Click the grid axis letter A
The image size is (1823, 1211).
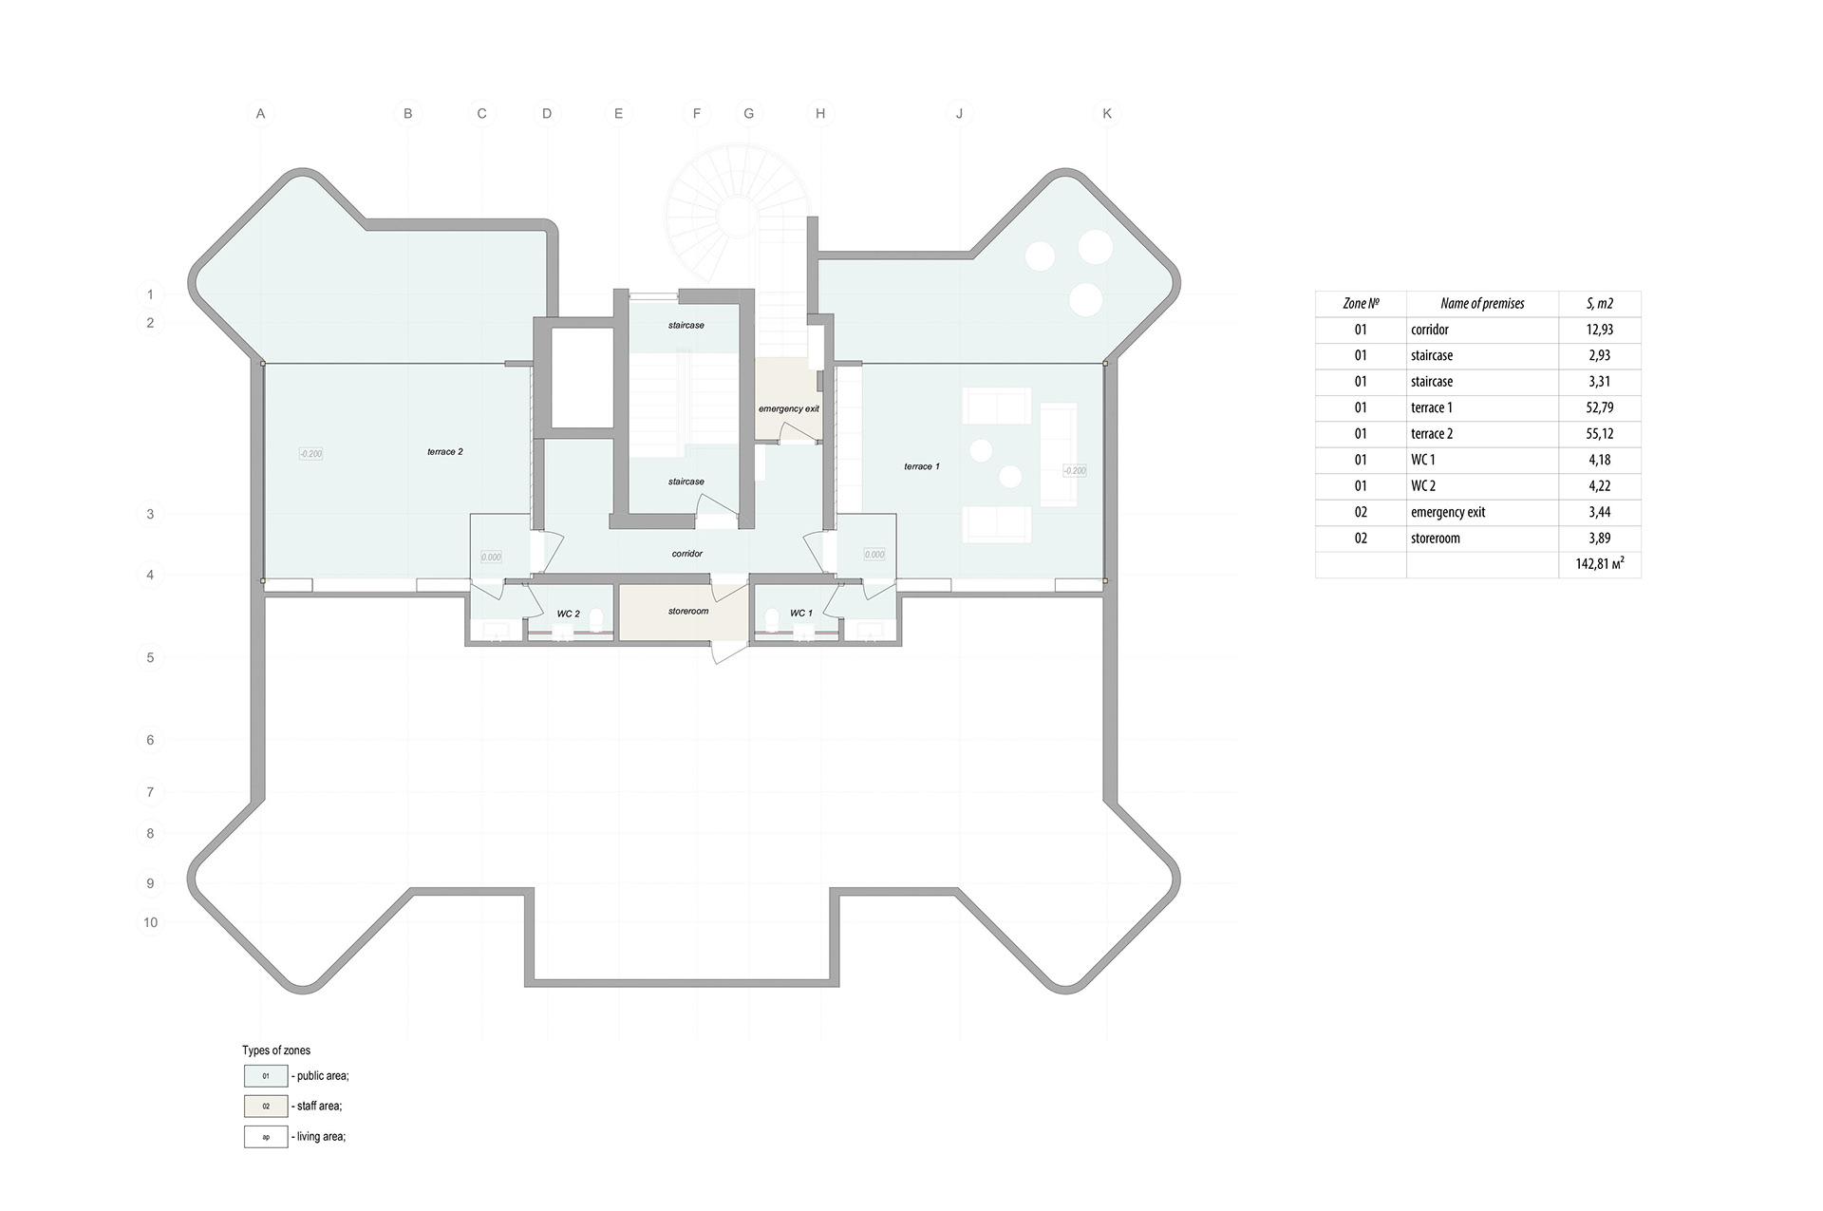coord(260,114)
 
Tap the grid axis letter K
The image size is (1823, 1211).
coord(1107,114)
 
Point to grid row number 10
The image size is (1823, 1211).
coord(150,922)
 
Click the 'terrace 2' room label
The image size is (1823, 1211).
coord(445,452)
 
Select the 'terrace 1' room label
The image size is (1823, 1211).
coord(922,466)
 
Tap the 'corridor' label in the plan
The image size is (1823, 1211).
coord(687,554)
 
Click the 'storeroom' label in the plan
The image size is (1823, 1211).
coord(688,612)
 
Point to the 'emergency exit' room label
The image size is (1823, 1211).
coord(789,409)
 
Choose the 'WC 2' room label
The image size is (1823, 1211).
coord(569,615)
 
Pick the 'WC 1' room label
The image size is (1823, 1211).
coord(801,614)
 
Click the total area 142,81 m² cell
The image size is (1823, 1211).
coord(1600,564)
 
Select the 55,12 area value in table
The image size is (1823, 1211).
coord(1600,434)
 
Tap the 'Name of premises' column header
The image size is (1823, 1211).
coord(1482,304)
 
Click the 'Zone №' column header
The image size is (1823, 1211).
coord(1361,304)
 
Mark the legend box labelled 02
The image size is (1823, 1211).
coord(266,1107)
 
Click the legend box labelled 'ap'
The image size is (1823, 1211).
coord(266,1137)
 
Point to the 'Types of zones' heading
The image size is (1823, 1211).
coord(276,1050)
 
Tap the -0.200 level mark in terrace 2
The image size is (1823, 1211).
coord(310,454)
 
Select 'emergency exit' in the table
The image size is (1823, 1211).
coord(1448,512)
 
